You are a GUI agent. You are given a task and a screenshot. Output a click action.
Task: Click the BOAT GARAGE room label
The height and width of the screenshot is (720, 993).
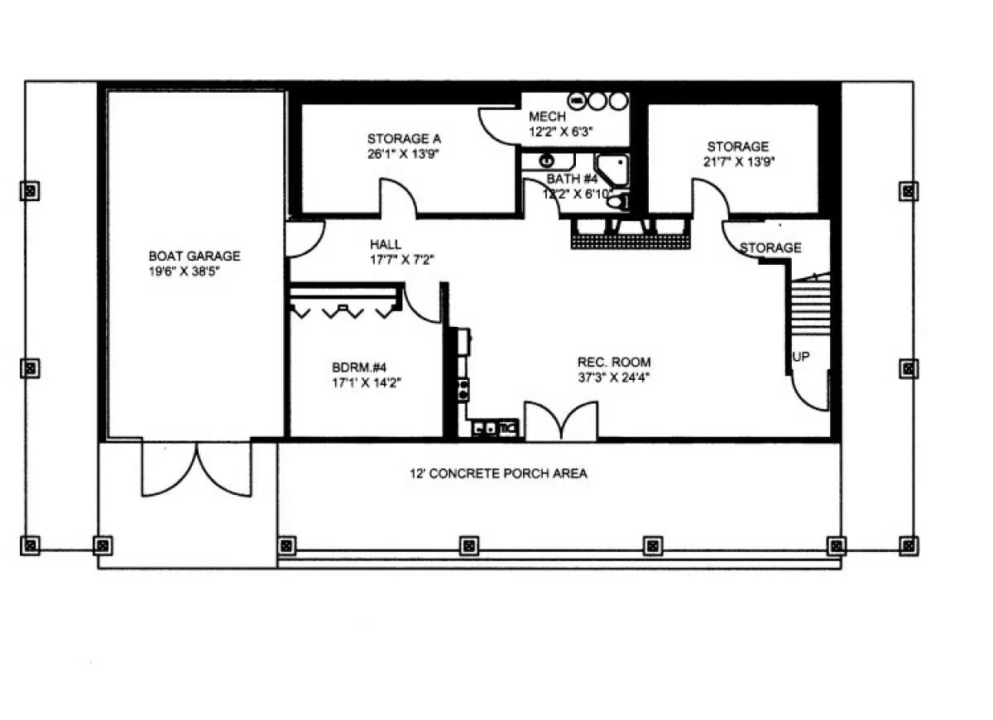pos(194,257)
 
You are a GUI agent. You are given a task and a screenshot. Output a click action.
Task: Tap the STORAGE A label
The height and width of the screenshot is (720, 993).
pos(404,139)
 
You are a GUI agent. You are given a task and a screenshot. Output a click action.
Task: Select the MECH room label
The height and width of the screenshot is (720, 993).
pos(548,117)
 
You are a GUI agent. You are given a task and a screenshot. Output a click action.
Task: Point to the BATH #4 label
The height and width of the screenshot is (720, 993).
pos(572,179)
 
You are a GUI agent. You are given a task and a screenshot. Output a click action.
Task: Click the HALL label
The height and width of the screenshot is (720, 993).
pos(386,244)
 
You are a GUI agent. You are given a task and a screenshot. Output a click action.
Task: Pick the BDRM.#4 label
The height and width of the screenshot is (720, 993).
pos(359,367)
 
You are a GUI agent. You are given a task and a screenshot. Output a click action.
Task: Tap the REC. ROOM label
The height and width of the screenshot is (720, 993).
pos(614,362)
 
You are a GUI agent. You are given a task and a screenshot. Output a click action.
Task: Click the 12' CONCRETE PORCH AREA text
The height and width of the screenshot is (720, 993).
pos(498,473)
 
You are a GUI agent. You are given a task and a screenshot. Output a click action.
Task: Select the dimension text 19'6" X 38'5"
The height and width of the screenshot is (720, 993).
pos(184,271)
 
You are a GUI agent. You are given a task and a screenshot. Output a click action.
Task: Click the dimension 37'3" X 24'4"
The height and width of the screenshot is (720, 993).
pos(613,377)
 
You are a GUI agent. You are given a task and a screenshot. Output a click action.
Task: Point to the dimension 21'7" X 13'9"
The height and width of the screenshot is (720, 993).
pos(739,161)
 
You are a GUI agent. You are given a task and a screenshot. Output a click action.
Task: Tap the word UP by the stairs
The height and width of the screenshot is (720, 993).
pos(801,357)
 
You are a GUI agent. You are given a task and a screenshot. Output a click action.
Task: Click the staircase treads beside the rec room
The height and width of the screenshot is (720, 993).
pos(810,305)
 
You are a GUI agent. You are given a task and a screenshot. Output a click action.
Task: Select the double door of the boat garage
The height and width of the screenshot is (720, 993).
pos(196,469)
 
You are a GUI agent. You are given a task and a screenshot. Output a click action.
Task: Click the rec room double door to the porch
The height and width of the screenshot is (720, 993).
pos(561,421)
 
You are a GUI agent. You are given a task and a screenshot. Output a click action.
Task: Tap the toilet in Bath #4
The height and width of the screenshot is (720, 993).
pos(617,202)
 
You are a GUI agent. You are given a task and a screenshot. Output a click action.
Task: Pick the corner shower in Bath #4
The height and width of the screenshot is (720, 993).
pos(612,170)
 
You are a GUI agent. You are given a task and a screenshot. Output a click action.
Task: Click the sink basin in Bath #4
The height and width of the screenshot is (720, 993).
pos(548,161)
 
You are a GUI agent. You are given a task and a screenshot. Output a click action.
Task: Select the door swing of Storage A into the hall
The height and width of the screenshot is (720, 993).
pos(398,198)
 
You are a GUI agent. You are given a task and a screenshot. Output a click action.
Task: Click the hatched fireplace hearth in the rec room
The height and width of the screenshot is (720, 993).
pos(631,242)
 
